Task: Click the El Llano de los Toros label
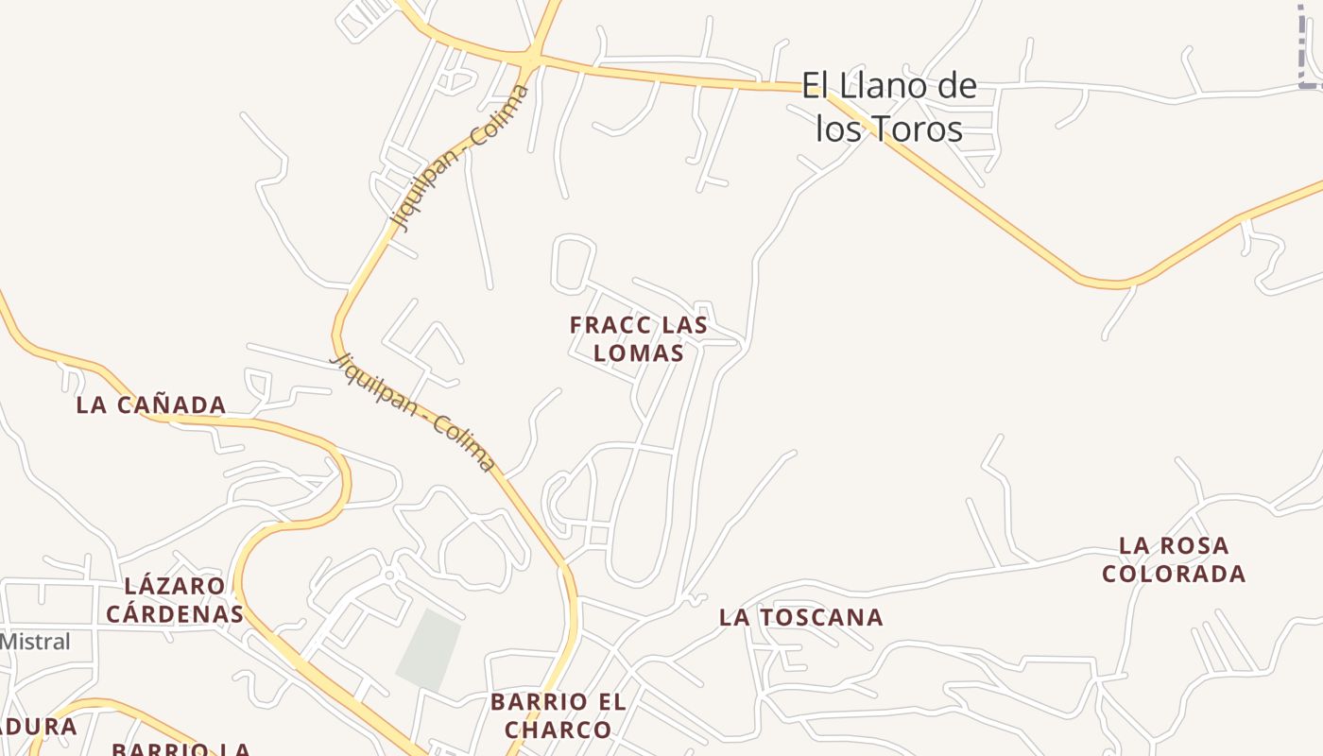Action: click(x=888, y=108)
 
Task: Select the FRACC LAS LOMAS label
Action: click(x=638, y=339)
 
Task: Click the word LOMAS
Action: click(x=638, y=353)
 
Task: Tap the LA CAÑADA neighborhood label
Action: click(x=151, y=405)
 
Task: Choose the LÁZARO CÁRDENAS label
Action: click(x=174, y=600)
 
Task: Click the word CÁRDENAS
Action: click(x=174, y=614)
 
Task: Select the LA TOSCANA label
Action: click(x=801, y=618)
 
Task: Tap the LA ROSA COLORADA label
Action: click(x=1174, y=559)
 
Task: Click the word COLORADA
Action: click(x=1174, y=574)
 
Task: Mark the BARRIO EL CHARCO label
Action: click(x=558, y=716)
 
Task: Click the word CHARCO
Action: click(x=558, y=730)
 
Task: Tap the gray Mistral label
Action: click(x=34, y=642)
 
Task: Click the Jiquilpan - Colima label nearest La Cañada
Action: click(x=413, y=412)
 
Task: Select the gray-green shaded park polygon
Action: click(x=429, y=650)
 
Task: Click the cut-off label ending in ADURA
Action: click(x=38, y=727)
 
